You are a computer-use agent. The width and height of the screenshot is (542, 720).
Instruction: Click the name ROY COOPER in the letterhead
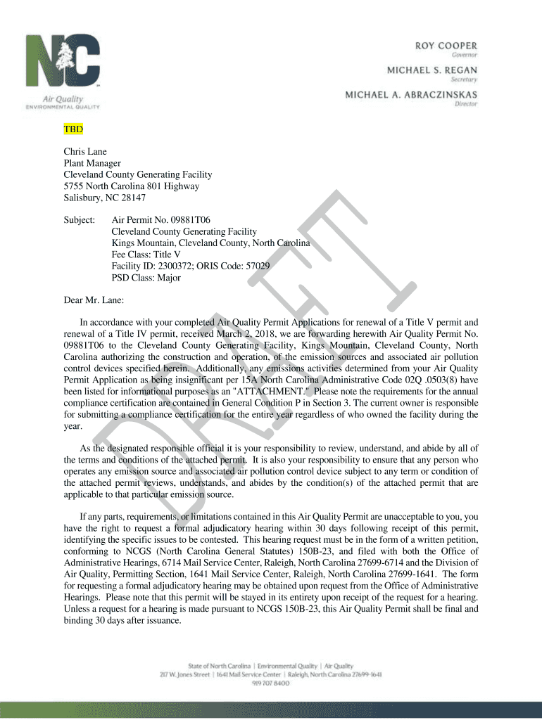click(x=445, y=45)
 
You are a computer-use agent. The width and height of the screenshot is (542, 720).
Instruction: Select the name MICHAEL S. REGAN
click(x=432, y=70)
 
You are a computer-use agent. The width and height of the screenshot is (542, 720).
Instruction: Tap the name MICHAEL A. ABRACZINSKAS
click(x=411, y=94)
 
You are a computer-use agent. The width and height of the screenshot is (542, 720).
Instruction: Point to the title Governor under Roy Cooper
click(x=465, y=55)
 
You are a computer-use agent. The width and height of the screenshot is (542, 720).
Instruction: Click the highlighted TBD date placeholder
click(x=74, y=130)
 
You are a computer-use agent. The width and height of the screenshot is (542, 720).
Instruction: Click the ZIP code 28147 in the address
click(x=133, y=198)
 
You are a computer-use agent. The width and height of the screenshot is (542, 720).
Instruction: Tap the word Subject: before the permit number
click(x=80, y=220)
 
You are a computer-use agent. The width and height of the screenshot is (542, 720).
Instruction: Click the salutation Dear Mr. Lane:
click(x=94, y=300)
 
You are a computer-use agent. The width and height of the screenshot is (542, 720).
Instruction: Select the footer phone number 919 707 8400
click(x=271, y=683)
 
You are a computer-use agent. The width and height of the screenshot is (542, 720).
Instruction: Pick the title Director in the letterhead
click(x=466, y=104)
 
